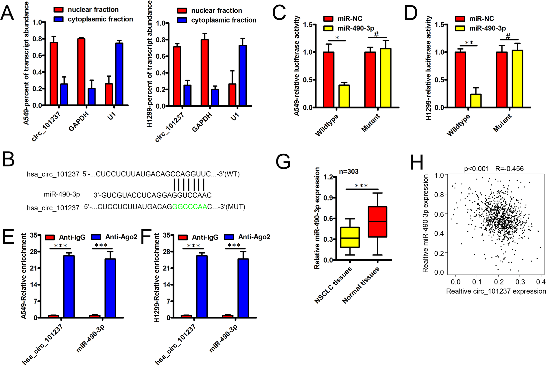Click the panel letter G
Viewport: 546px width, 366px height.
pos(283,162)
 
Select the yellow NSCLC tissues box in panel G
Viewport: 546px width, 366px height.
pos(350,237)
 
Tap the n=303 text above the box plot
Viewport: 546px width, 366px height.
pos(348,172)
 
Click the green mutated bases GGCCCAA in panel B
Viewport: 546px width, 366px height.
pos(190,207)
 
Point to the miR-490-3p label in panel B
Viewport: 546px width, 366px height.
pos(62,194)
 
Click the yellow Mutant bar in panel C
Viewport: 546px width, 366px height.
pos(385,78)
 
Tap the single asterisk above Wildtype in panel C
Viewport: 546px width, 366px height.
pos(337,38)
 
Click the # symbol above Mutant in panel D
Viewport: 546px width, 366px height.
pos(508,37)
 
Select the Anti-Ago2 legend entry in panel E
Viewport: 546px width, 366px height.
pos(114,237)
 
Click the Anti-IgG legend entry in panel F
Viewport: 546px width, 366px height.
pos(198,237)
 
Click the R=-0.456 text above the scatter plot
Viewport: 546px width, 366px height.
pos(509,169)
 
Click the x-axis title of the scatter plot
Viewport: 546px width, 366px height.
pos(496,291)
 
